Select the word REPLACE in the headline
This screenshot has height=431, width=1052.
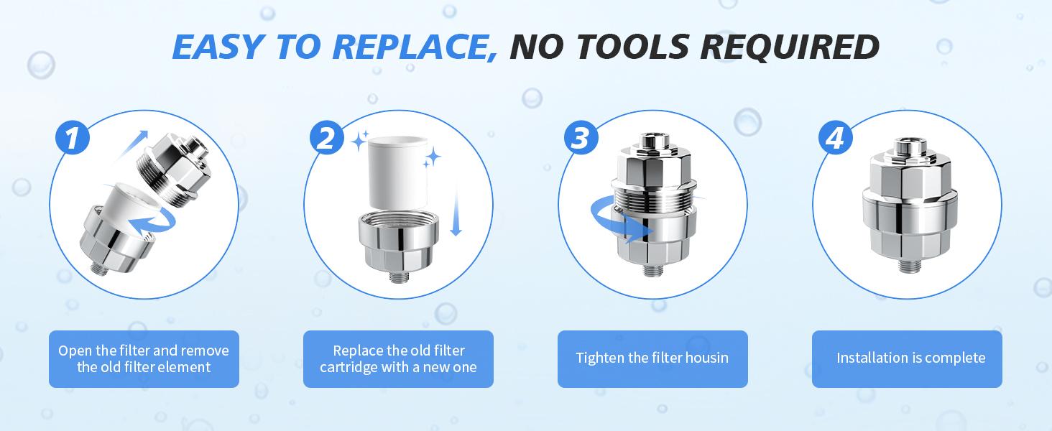409,47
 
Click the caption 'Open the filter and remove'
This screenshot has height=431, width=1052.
144,351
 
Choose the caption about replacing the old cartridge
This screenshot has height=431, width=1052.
398,358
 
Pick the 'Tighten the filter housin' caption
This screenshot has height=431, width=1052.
652,358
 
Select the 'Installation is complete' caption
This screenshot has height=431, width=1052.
910,358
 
